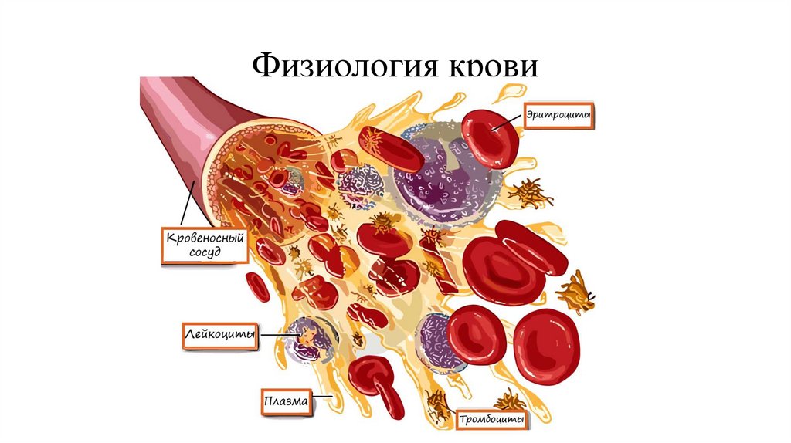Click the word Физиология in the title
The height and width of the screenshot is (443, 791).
(339, 66)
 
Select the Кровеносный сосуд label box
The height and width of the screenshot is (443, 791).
(205, 245)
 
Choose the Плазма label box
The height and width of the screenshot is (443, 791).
(285, 402)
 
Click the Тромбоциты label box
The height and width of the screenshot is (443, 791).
(492, 421)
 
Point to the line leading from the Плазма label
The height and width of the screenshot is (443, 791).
(323, 399)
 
